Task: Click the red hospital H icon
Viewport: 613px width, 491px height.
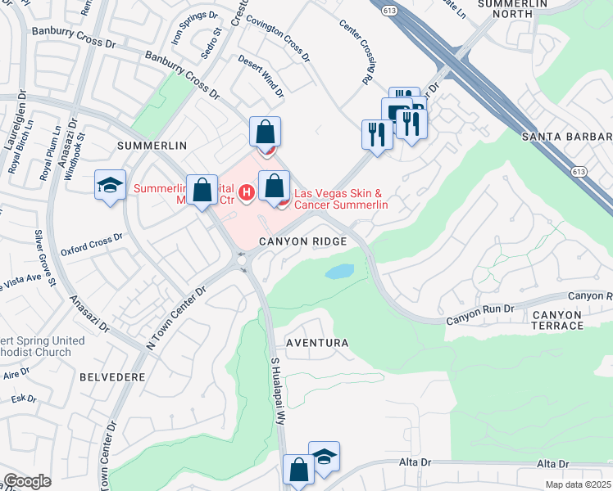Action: coord(247,192)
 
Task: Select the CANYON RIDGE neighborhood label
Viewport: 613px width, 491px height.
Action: coord(303,242)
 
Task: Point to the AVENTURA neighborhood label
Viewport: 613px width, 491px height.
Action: coord(316,343)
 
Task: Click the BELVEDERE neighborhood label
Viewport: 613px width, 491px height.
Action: coord(113,377)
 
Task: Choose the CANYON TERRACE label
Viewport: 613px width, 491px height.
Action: coord(569,320)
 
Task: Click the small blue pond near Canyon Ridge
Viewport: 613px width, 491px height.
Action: coord(339,272)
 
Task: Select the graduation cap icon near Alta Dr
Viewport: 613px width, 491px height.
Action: coord(324,457)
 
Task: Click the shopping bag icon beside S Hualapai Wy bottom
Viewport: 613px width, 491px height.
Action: coord(298,470)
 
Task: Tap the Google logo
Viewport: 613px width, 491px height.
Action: coord(27,481)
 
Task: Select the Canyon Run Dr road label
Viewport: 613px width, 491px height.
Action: coord(479,311)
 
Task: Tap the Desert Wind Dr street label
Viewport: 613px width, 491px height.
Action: coord(261,76)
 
